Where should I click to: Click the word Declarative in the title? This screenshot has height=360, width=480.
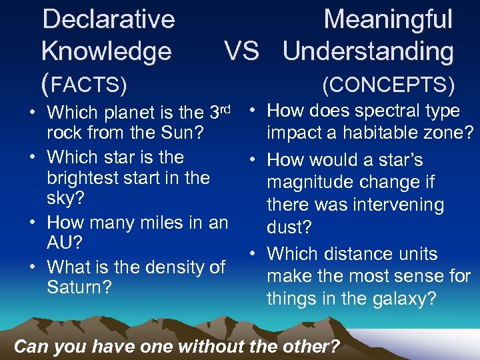point(108,19)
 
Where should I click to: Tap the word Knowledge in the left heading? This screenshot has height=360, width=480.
point(107,51)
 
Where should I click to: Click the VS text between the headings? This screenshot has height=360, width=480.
point(241,51)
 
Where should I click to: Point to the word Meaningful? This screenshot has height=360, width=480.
point(388,19)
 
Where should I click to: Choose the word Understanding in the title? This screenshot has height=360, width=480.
point(368,51)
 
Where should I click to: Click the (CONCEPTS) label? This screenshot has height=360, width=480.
point(388,85)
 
